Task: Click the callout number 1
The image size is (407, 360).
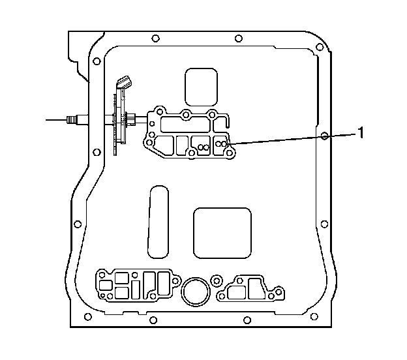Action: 360,132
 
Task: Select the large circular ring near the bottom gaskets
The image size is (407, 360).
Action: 195,279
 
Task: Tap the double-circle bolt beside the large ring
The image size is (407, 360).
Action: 217,280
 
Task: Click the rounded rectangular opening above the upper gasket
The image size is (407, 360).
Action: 201,87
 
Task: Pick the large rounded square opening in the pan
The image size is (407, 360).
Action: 222,233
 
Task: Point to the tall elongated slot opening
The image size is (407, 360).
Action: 158,222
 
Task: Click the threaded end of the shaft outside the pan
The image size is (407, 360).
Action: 71,119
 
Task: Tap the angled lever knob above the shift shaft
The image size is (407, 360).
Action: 124,82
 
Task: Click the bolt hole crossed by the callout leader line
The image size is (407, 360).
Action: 324,136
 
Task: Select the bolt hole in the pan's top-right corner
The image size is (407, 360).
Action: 320,47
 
